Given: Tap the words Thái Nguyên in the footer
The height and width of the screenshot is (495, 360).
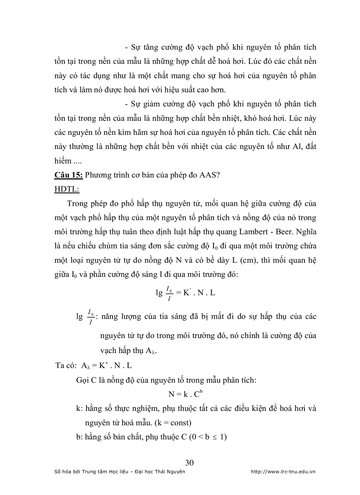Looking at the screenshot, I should (x=170, y=472).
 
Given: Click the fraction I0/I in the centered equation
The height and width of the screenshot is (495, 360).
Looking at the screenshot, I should (x=170, y=292).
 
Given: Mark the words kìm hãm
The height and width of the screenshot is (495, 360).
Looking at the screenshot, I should (x=145, y=132).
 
